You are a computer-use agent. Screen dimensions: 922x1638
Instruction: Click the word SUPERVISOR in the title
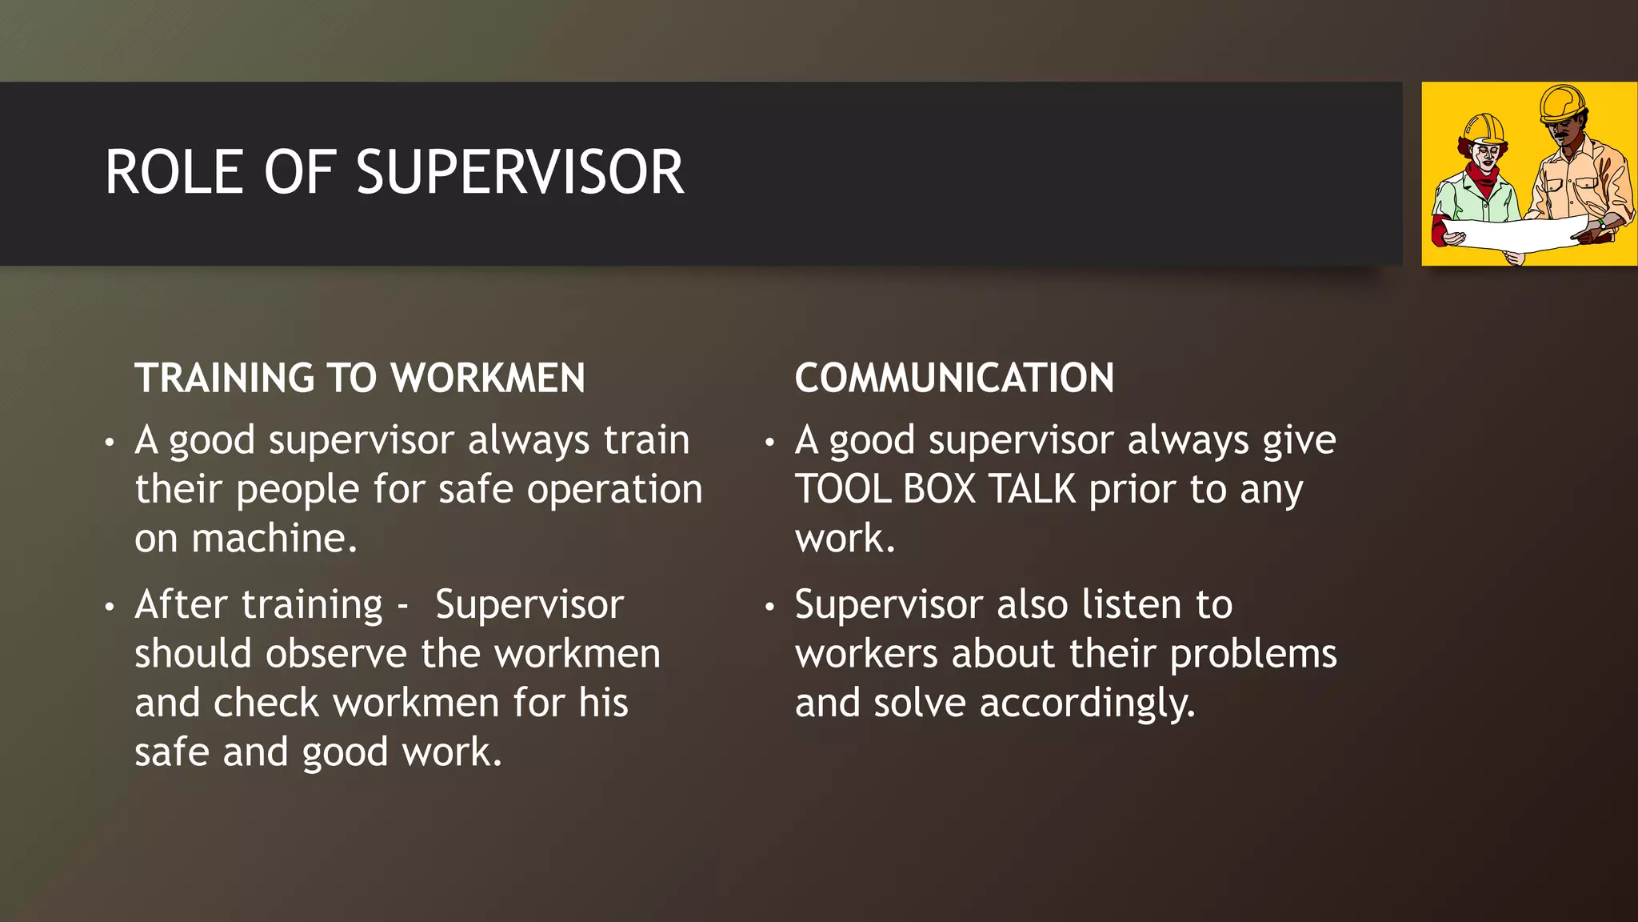point(520,173)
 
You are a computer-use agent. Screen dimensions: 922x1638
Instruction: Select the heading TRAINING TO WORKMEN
point(360,378)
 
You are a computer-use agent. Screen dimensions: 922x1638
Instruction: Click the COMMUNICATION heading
point(954,378)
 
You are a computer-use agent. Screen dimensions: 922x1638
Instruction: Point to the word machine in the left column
point(274,539)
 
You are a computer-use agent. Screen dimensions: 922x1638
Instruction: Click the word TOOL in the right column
point(843,489)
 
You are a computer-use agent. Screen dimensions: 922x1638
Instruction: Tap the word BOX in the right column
point(940,489)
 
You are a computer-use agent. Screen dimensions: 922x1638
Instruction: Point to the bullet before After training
point(110,607)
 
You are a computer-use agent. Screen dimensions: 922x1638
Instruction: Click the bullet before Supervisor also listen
point(769,607)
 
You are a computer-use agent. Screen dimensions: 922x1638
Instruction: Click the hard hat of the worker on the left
point(1484,128)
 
